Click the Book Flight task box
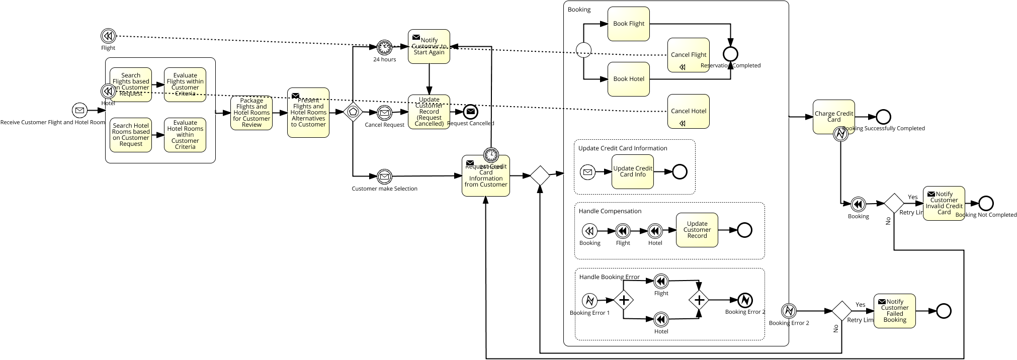[628, 24]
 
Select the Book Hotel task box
[628, 79]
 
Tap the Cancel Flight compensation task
[688, 55]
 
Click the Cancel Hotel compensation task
[688, 111]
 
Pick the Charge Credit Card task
[833, 117]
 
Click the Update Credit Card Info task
[632, 171]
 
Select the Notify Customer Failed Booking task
[894, 311]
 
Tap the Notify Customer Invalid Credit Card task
[944, 203]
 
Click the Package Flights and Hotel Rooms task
[251, 113]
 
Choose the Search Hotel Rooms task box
[131, 135]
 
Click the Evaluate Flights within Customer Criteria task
[185, 84]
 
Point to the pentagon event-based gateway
[353, 112]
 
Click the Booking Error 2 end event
[744, 300]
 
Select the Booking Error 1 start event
[589, 301]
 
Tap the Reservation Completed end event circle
[730, 54]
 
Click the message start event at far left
[79, 110]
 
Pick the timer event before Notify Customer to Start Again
[384, 47]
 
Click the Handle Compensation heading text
[610, 211]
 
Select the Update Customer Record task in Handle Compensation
[697, 230]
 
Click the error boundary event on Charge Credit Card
[840, 134]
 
